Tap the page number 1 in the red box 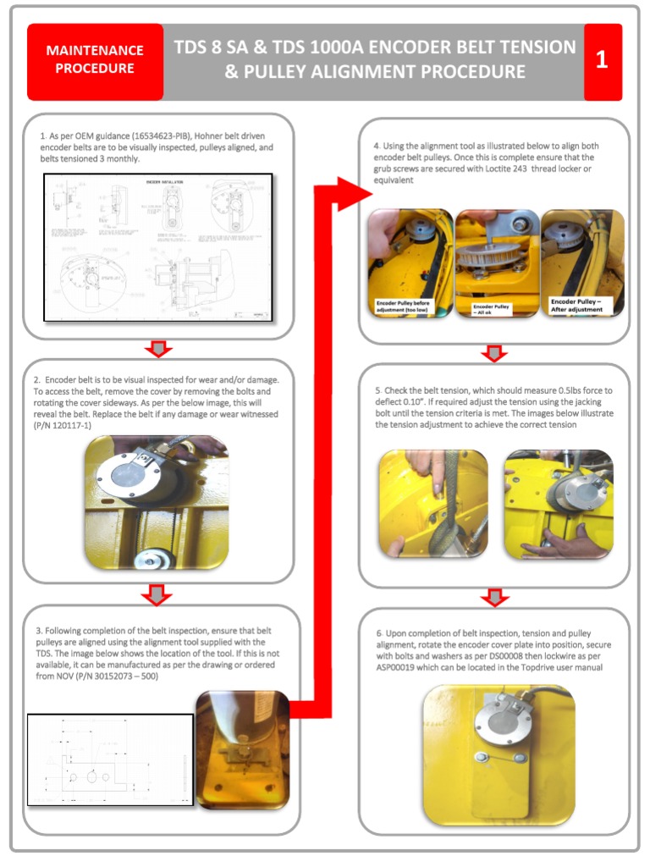coord(602,60)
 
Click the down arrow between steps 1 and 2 coord(158,348)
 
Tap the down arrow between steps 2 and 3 coord(158,594)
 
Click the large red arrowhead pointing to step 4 coord(351,194)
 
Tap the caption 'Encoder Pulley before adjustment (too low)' coord(410,306)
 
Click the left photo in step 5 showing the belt coord(432,503)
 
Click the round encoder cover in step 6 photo coord(497,717)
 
